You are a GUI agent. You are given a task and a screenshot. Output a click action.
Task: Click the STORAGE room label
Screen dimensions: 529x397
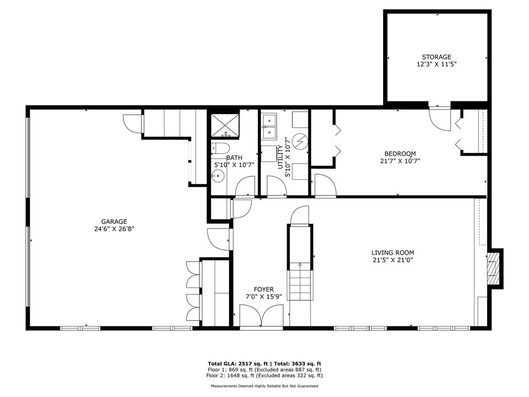436,57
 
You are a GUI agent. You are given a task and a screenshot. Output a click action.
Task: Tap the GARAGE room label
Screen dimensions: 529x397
114,222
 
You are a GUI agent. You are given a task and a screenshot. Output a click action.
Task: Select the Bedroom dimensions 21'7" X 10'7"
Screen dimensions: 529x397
400,161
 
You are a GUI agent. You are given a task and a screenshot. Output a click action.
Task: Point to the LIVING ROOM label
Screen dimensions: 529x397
393,252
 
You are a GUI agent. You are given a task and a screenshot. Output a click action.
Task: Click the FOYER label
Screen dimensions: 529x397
264,289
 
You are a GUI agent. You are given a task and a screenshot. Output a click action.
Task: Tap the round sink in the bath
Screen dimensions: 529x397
218,175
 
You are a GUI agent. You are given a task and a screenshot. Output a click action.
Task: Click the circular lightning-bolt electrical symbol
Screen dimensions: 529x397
300,141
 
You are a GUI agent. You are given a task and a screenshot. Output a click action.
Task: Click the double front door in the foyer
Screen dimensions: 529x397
261,315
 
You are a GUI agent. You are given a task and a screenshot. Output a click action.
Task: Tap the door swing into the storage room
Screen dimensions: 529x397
440,118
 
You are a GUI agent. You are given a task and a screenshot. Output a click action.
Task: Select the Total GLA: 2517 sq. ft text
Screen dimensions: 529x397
238,363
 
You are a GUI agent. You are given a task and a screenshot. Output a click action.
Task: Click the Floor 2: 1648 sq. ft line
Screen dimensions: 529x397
264,375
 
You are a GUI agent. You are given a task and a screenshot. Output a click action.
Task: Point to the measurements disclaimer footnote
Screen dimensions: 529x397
264,386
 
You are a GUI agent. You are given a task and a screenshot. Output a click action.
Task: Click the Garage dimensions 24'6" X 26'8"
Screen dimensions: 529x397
114,229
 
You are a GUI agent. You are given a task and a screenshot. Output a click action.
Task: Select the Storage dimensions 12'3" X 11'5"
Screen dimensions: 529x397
437,64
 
